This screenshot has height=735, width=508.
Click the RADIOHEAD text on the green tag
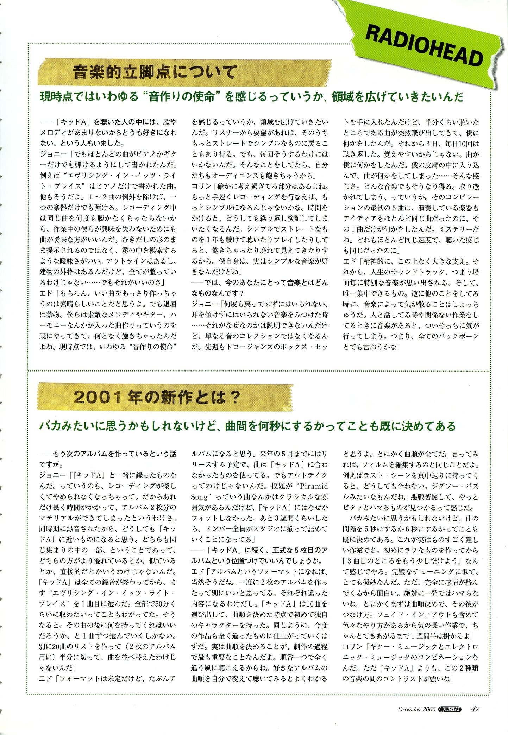(425, 46)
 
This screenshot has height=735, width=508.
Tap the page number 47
(475, 709)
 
